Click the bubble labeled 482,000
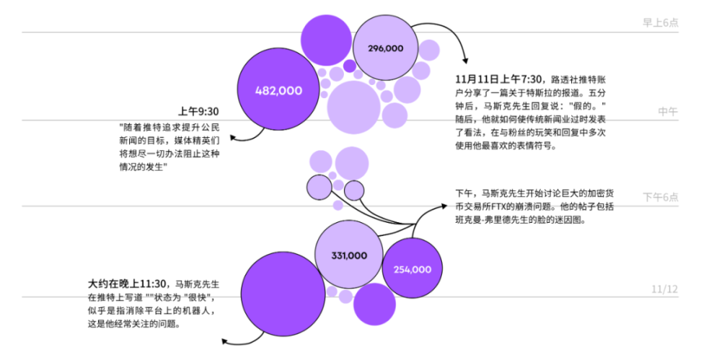(x=278, y=91)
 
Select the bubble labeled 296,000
(x=386, y=48)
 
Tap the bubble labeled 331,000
(x=350, y=255)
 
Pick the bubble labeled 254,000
(x=412, y=269)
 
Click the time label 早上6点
(x=660, y=22)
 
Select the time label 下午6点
(x=661, y=197)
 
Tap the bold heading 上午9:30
(x=198, y=111)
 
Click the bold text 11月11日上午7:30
(x=501, y=79)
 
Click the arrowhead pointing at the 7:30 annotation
(x=465, y=61)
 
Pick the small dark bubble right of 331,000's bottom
(x=374, y=304)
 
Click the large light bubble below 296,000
(x=354, y=106)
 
